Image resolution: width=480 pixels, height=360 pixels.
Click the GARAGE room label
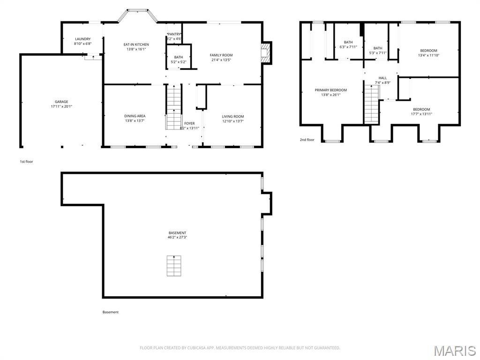tap(61, 102)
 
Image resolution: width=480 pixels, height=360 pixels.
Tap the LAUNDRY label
tap(82, 39)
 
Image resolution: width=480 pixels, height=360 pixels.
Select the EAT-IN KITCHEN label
tap(136, 45)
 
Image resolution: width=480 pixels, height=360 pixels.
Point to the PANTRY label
tap(174, 34)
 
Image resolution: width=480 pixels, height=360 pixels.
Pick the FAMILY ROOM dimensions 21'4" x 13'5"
tap(221, 60)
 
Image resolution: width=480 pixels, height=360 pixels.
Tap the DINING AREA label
tap(135, 116)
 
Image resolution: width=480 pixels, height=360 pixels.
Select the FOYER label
tap(189, 123)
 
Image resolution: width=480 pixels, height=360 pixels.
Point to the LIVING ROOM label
tap(232, 116)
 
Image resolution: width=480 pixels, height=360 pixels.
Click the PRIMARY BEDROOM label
tap(330, 90)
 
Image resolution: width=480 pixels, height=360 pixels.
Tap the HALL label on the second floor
tap(382, 78)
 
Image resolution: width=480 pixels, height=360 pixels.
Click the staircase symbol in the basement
tap(173, 266)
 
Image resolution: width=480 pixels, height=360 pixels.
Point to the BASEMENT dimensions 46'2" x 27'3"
tap(177, 237)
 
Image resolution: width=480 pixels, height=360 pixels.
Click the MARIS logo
tap(455, 350)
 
